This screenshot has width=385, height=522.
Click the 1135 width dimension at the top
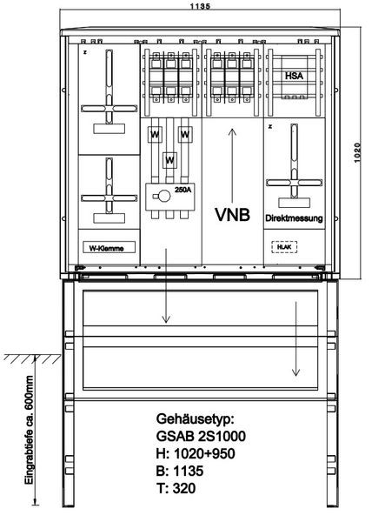coord(200,6)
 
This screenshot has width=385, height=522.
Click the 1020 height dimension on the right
coord(357,152)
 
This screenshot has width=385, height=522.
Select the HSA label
coord(294,76)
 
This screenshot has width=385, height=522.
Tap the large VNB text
coord(232,214)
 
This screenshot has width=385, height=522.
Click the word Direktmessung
coord(294,218)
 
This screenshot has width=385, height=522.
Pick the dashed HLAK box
coord(284,247)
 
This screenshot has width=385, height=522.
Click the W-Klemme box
coord(109,247)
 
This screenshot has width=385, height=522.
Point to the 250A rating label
coord(183,190)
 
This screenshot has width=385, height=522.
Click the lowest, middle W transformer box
coord(169,160)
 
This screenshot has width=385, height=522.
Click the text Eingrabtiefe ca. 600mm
coord(30,430)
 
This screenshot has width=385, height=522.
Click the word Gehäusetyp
coord(196,419)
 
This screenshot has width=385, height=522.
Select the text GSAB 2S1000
coord(201,436)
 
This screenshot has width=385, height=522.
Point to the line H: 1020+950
coord(196,453)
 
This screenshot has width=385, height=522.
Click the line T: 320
coord(176,488)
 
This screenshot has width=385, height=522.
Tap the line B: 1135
coord(180,471)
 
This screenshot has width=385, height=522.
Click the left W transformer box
coord(155,135)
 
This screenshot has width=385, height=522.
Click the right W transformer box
coord(185,135)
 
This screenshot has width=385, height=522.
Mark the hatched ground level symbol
coord(32,358)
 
